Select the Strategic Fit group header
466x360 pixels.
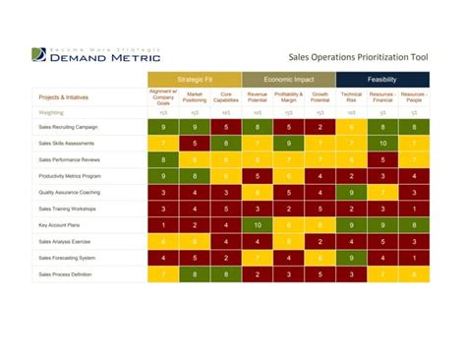194,80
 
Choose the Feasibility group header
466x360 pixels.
381,80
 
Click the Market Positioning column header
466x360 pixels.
195,97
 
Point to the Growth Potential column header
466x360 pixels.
320,97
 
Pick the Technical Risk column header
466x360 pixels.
351,97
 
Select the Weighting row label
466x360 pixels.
53,113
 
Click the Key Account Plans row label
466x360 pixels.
62,225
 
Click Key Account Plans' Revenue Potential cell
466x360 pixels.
258,225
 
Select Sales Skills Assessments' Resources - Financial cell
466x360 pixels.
382,144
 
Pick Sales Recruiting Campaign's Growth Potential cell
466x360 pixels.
320,128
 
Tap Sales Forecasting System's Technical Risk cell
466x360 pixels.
351,258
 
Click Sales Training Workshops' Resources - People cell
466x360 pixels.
414,209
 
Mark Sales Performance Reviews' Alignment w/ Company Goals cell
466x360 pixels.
163,159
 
